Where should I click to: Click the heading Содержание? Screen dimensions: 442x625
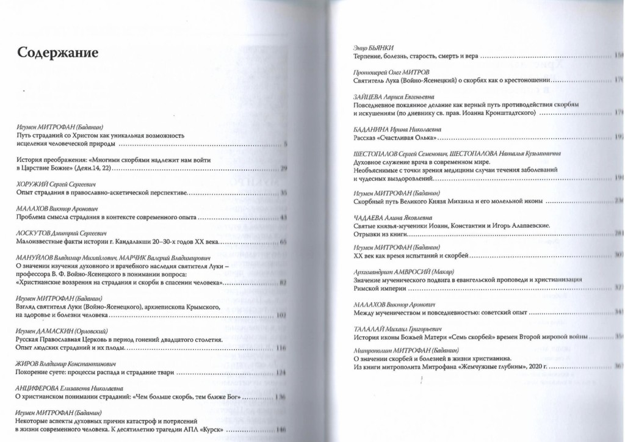tap(57, 53)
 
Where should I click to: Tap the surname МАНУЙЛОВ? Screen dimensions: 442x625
tap(35, 258)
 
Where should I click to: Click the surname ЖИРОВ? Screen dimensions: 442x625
tap(28, 363)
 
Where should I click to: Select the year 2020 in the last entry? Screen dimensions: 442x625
tap(538, 367)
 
